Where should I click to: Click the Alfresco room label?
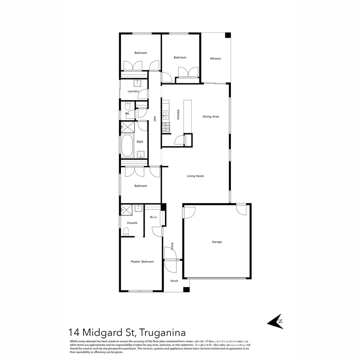click(x=215, y=59)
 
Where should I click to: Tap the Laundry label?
click(x=133, y=91)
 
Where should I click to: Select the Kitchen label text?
click(x=178, y=115)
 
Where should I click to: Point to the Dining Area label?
click(x=211, y=117)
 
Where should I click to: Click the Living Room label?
click(x=195, y=176)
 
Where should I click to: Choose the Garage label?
click(x=217, y=242)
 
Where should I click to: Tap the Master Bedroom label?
click(x=142, y=262)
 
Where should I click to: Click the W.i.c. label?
click(x=154, y=217)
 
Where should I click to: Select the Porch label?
click(x=174, y=281)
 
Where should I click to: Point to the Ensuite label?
click(x=132, y=223)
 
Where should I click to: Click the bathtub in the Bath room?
click(x=127, y=145)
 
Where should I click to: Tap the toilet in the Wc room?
click(x=128, y=107)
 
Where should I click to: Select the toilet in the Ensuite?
click(x=126, y=231)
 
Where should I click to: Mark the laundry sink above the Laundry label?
click(x=138, y=83)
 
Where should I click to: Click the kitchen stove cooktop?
click(x=166, y=127)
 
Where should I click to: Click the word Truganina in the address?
click(x=162, y=332)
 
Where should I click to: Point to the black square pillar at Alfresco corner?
click(x=228, y=35)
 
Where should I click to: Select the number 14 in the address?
click(x=74, y=332)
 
